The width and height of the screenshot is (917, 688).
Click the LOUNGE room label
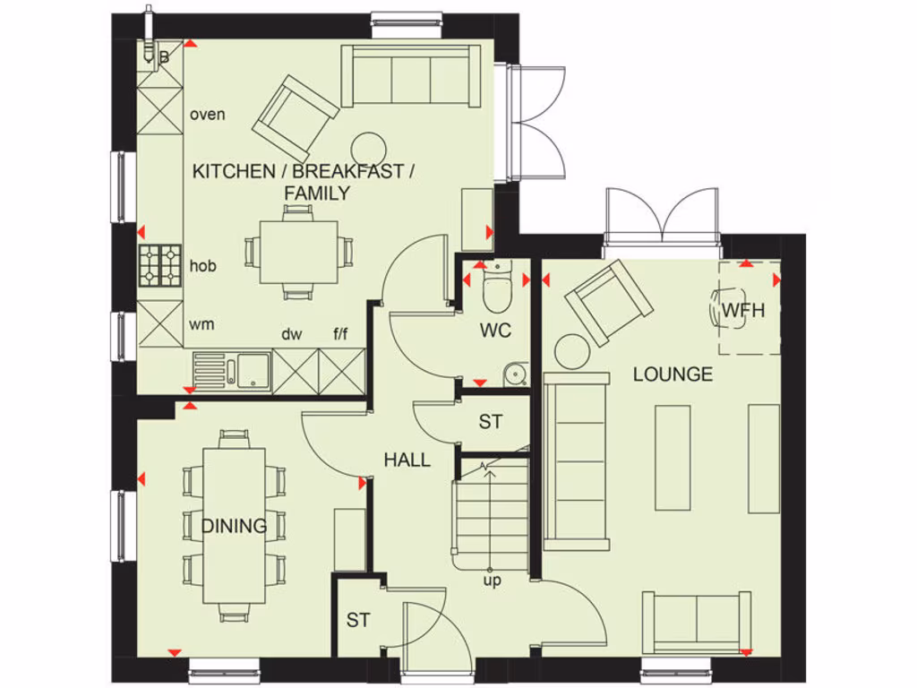[673, 374]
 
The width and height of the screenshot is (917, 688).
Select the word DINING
[234, 526]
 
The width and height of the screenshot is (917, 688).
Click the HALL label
[407, 460]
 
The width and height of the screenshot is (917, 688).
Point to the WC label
[494, 331]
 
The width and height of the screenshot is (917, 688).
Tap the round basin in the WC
[515, 374]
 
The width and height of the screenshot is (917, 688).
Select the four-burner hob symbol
[160, 266]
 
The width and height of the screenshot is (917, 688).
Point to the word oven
[208, 115]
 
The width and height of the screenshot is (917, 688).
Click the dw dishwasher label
[292, 335]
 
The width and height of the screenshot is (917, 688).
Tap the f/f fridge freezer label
[341, 335]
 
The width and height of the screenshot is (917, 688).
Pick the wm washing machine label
[202, 324]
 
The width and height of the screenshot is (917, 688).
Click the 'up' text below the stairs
[493, 580]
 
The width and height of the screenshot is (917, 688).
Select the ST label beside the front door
[358, 620]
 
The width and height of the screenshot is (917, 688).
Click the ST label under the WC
[491, 422]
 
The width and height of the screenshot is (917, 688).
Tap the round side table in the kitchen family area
[368, 148]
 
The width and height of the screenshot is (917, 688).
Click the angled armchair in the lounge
[609, 302]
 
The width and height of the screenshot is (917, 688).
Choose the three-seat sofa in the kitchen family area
[411, 76]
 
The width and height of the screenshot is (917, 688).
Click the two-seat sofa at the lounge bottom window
[698, 621]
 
